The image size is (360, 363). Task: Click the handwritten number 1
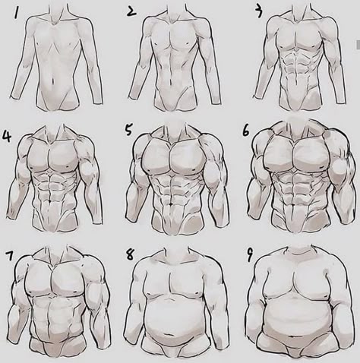17,14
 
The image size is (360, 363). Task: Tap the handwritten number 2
131,12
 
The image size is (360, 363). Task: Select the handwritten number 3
258,13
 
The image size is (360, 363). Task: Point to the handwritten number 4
7,136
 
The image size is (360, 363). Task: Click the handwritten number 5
129,131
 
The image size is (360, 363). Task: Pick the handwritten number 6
245,131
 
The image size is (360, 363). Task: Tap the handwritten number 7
10,256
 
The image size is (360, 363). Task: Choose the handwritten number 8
130,254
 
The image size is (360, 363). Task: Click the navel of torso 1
52,81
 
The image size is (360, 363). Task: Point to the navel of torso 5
172,204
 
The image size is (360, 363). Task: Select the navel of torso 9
293,337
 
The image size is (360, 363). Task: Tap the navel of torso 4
52,201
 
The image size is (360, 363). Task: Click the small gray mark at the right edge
358,45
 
